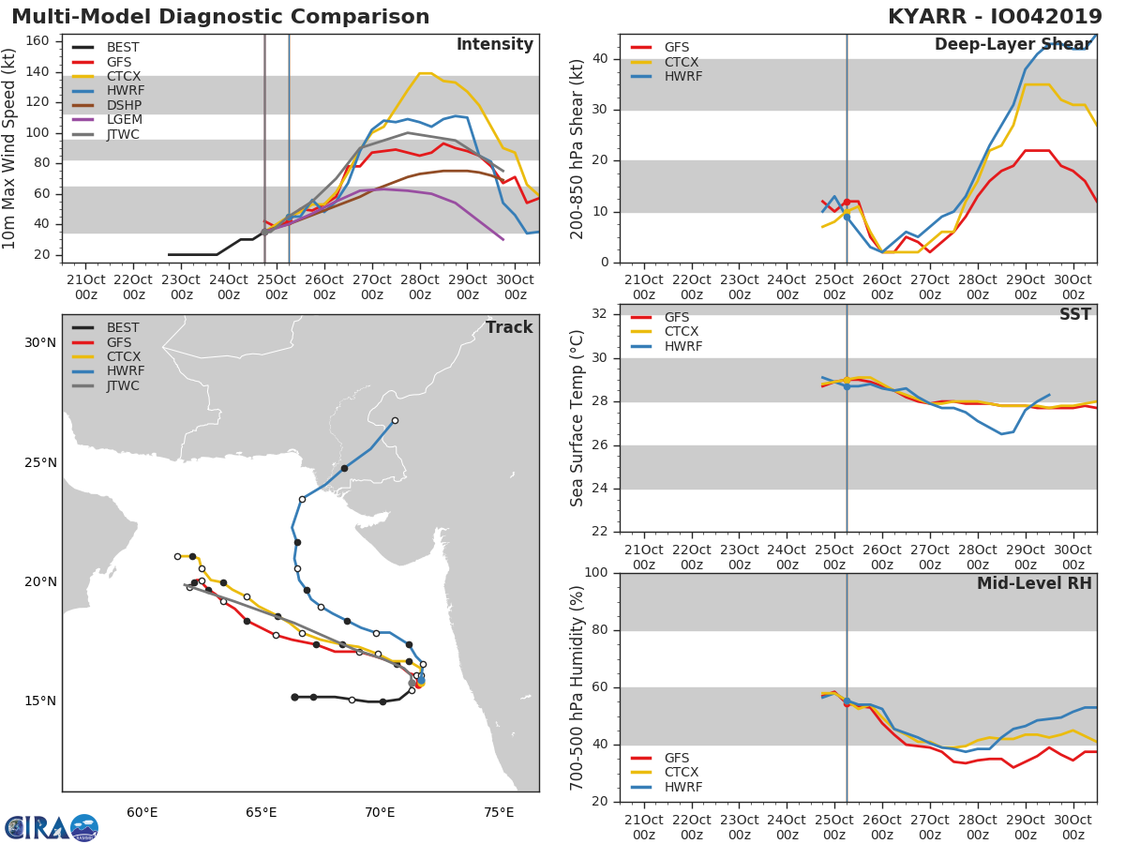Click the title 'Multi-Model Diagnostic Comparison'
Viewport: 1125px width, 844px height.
pos(220,17)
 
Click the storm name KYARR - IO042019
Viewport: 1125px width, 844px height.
pos(995,17)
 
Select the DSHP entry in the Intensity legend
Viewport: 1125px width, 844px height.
pos(108,106)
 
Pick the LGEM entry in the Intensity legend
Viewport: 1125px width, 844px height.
pos(108,120)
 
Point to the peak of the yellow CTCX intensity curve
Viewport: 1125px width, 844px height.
pos(426,73)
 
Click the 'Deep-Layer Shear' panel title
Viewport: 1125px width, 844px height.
pos(1013,45)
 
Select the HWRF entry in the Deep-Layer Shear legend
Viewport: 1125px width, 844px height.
pos(667,76)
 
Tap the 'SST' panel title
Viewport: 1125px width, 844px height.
pos(1075,314)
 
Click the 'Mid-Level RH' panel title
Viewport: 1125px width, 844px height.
pos(1034,583)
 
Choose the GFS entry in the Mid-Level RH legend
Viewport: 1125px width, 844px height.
pos(660,758)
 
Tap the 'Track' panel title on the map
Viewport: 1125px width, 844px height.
pos(509,327)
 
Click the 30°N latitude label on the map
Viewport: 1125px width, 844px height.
pos(40,343)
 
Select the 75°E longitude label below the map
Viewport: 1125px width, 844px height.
pos(499,813)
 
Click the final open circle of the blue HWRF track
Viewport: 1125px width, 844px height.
pos(396,421)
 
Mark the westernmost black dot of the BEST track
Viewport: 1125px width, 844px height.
pos(294,698)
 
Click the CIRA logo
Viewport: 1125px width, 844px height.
pos(52,827)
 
